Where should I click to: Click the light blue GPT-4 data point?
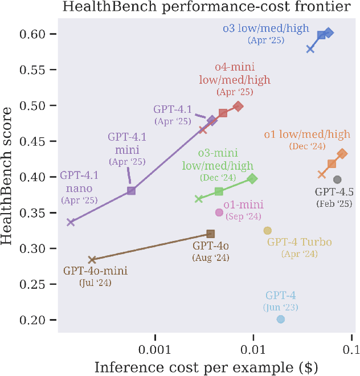(x=280, y=319)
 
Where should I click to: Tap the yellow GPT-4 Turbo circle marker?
(x=267, y=231)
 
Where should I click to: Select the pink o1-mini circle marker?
(x=219, y=212)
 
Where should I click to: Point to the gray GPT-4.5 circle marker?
(x=337, y=179)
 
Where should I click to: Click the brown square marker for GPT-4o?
(x=210, y=234)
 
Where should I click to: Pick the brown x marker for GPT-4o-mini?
(x=92, y=260)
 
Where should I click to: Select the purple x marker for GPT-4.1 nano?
(x=71, y=222)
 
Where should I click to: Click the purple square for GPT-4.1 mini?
(x=131, y=191)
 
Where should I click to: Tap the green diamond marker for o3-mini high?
(x=252, y=178)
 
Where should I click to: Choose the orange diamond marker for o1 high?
(x=342, y=154)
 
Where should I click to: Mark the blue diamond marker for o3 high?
(x=329, y=33)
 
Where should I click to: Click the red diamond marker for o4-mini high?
(x=239, y=106)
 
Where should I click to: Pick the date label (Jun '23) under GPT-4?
(x=280, y=308)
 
